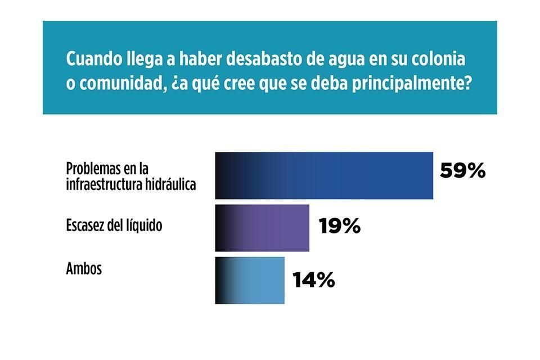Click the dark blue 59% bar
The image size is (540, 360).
tap(324, 175)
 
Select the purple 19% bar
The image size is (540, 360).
tap(262, 228)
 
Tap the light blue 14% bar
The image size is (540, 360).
tap(250, 280)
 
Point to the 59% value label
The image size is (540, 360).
tap(462, 171)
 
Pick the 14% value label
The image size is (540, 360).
tap(313, 280)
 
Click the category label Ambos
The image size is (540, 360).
tap(84, 268)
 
